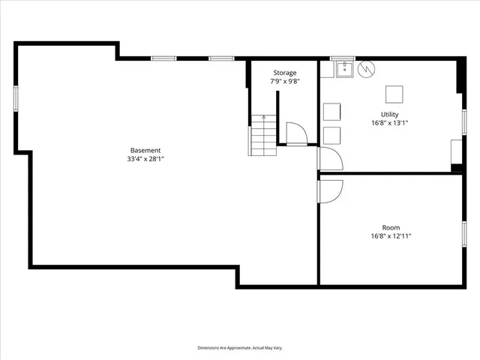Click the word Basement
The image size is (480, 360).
point(145,150)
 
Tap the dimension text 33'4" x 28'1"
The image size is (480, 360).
point(145,159)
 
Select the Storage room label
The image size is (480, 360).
point(284,73)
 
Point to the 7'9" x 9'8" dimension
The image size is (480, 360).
point(284,81)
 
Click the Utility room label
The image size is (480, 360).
point(389,114)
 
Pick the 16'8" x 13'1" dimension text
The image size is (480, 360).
point(389,123)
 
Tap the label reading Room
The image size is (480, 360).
point(390,227)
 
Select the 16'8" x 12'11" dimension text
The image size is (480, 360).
point(390,236)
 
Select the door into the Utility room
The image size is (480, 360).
point(330,158)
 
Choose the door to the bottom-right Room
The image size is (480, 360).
point(330,191)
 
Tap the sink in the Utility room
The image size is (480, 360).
point(345,70)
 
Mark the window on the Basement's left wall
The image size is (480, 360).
point(15,100)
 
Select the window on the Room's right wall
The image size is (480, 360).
point(464,233)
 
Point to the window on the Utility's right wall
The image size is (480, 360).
point(464,121)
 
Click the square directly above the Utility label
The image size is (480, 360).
point(394,94)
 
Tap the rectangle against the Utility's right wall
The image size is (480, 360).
point(455,152)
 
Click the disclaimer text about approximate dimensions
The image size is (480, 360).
point(240,348)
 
